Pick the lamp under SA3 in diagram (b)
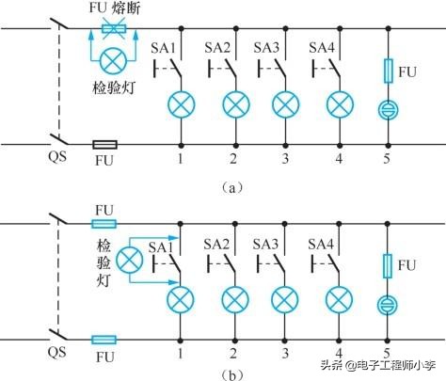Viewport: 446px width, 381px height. coord(284,299)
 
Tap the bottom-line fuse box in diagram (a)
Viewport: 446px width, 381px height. coord(105,145)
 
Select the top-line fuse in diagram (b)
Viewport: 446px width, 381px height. coord(104,224)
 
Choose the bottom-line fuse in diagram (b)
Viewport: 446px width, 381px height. coord(104,340)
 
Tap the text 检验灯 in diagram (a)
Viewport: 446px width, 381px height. coord(116,89)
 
